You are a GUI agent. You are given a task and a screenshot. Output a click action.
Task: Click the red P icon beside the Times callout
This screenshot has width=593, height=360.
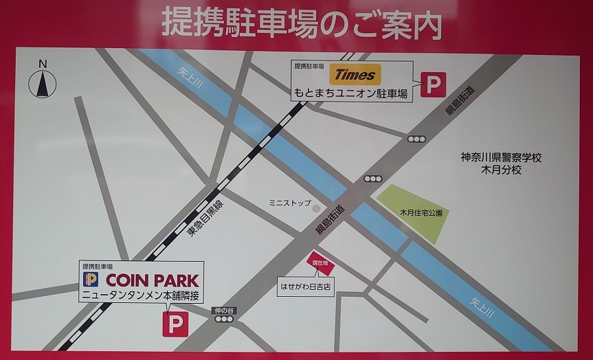[x=434, y=85]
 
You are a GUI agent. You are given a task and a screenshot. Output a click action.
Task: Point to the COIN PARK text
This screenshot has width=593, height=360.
[x=152, y=280]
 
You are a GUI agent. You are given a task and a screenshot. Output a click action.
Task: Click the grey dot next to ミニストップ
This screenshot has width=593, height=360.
[x=316, y=207]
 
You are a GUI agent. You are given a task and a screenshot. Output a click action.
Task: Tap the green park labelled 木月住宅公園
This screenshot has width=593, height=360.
[x=410, y=212]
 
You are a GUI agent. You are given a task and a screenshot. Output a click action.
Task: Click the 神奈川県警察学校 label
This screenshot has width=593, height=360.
[x=501, y=157]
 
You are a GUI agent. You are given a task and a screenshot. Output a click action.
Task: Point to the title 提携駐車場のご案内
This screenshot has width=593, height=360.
[x=302, y=25]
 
